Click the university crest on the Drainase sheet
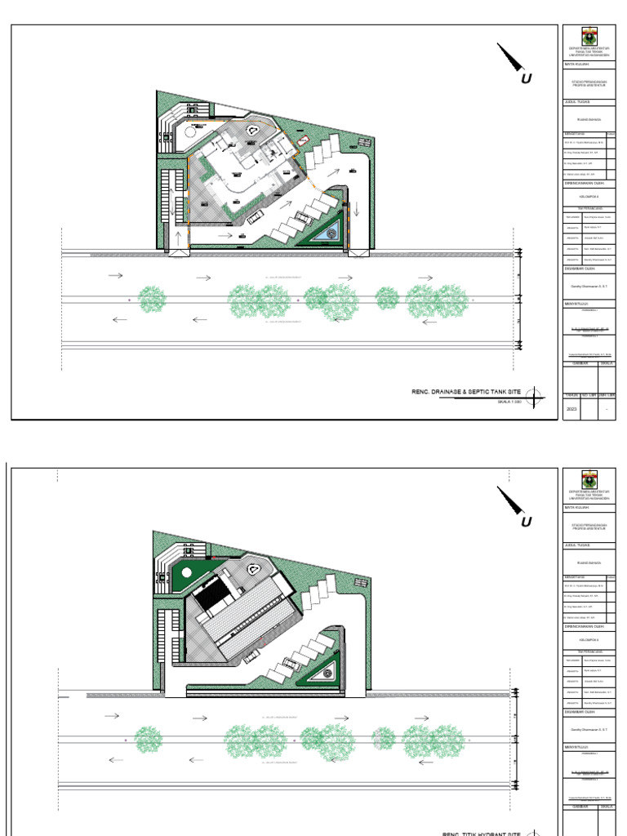(589, 37)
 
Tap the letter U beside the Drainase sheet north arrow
(527, 79)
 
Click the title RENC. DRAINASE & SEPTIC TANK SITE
(465, 393)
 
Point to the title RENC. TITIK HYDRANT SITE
(481, 833)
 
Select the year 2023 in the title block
(571, 409)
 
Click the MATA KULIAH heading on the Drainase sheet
(576, 64)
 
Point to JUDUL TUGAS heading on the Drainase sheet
(576, 103)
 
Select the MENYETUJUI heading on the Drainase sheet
(576, 305)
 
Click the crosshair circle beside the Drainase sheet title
(535, 398)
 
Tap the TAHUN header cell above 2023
(571, 395)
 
